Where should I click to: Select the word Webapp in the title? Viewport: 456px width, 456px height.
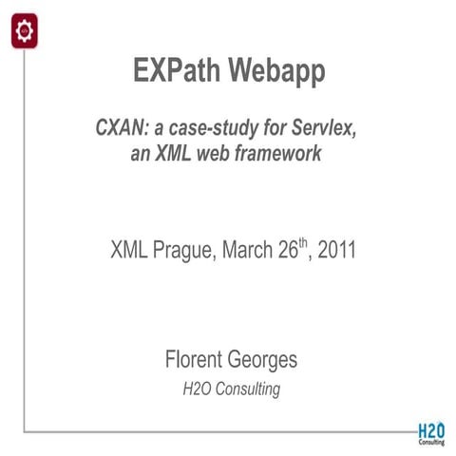(x=277, y=70)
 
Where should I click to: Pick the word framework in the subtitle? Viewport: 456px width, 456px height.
(x=281, y=152)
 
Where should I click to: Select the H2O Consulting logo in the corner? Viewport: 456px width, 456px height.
(x=430, y=432)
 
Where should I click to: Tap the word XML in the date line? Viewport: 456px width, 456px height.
(x=129, y=252)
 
